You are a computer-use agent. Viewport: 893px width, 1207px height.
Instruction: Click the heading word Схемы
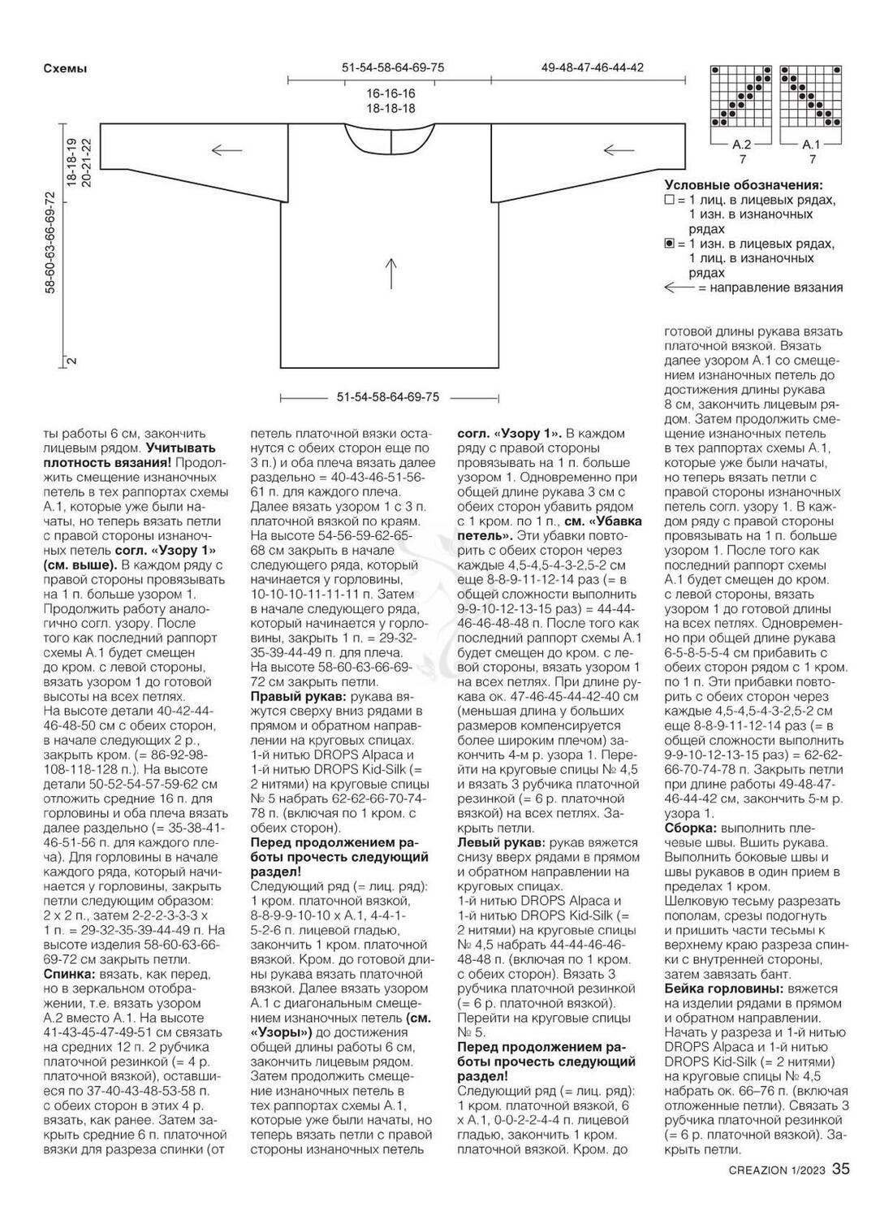[65, 69]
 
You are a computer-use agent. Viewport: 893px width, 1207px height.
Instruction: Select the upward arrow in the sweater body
[391, 273]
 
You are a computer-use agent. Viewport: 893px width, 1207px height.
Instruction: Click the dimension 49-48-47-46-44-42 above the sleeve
[593, 67]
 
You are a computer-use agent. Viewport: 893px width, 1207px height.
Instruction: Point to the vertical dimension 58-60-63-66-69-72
[50, 244]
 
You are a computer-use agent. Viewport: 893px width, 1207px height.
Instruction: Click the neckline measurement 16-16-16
[390, 94]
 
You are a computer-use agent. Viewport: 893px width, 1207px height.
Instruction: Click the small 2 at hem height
[72, 361]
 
